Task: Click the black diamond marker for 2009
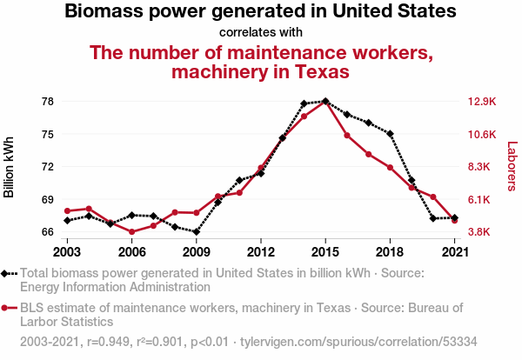pyautogui.click(x=197, y=231)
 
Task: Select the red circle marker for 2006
pyautogui.click(x=132, y=231)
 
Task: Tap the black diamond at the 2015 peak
pyautogui.click(x=325, y=101)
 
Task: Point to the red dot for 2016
pyautogui.click(x=347, y=136)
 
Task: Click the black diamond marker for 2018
pyautogui.click(x=390, y=134)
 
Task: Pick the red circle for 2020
pyautogui.click(x=433, y=197)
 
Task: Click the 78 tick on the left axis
pyautogui.click(x=48, y=102)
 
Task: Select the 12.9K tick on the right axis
pyautogui.click(x=482, y=102)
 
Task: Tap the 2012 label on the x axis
pyautogui.click(x=261, y=252)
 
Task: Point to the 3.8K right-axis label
pyautogui.click(x=478, y=232)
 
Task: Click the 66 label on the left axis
pyautogui.click(x=48, y=232)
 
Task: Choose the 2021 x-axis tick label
pyautogui.click(x=455, y=252)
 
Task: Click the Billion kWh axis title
pyautogui.click(x=9, y=167)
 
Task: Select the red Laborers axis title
pyautogui.click(x=512, y=166)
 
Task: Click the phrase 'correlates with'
pyautogui.click(x=261, y=32)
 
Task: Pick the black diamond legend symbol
pyautogui.click(x=4, y=274)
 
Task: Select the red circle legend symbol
pyautogui.click(x=4, y=308)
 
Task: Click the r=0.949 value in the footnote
pyautogui.click(x=108, y=342)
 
